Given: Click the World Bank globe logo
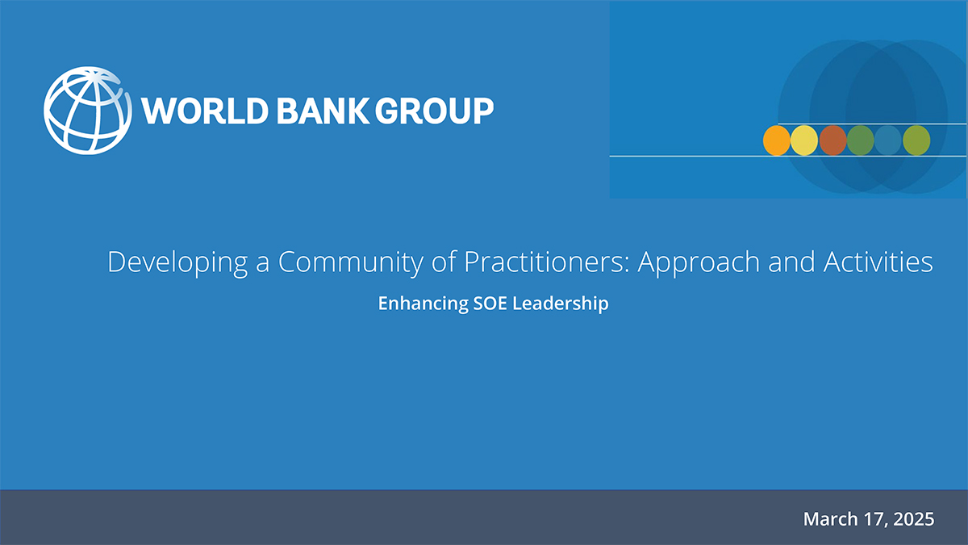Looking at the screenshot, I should tap(87, 110).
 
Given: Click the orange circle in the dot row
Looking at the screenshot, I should tap(776, 140).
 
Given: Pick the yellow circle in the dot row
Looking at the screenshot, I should tap(804, 140).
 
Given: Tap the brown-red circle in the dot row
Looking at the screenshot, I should tap(832, 140).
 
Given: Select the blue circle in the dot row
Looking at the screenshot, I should tap(888, 140).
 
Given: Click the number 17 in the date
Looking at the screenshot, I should tap(872, 518).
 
